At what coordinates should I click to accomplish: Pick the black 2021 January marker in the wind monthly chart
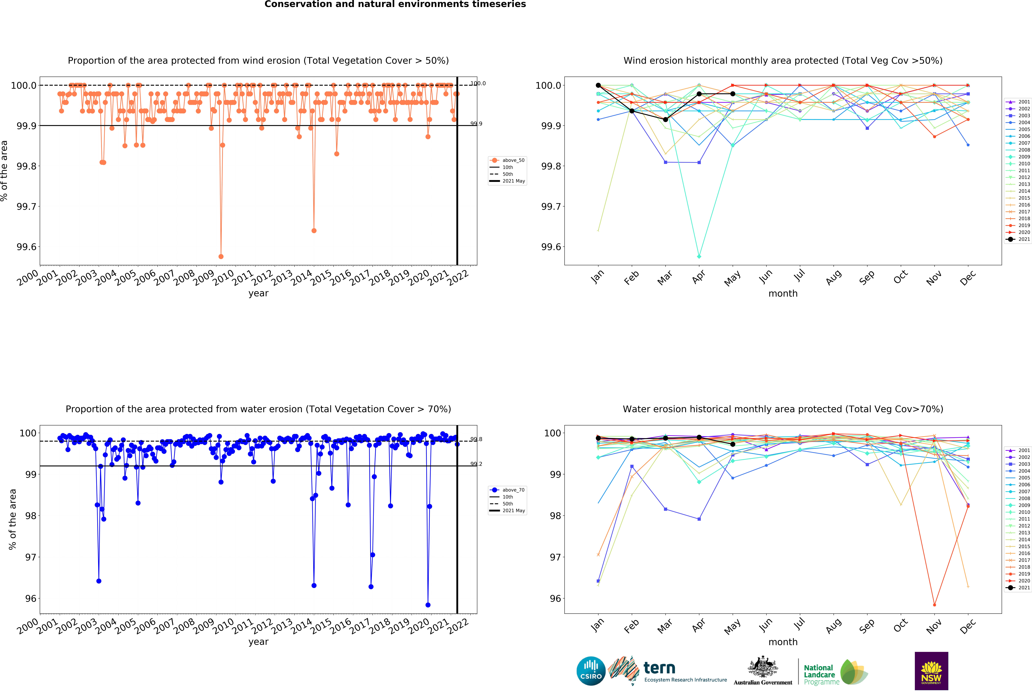598,85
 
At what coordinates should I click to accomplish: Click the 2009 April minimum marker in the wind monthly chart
699,256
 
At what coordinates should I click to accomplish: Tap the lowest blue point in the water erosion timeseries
428,605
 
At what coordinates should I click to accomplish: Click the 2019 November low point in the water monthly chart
934,605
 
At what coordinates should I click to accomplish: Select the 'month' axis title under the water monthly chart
783,642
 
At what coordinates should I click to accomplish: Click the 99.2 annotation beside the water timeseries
476,464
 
